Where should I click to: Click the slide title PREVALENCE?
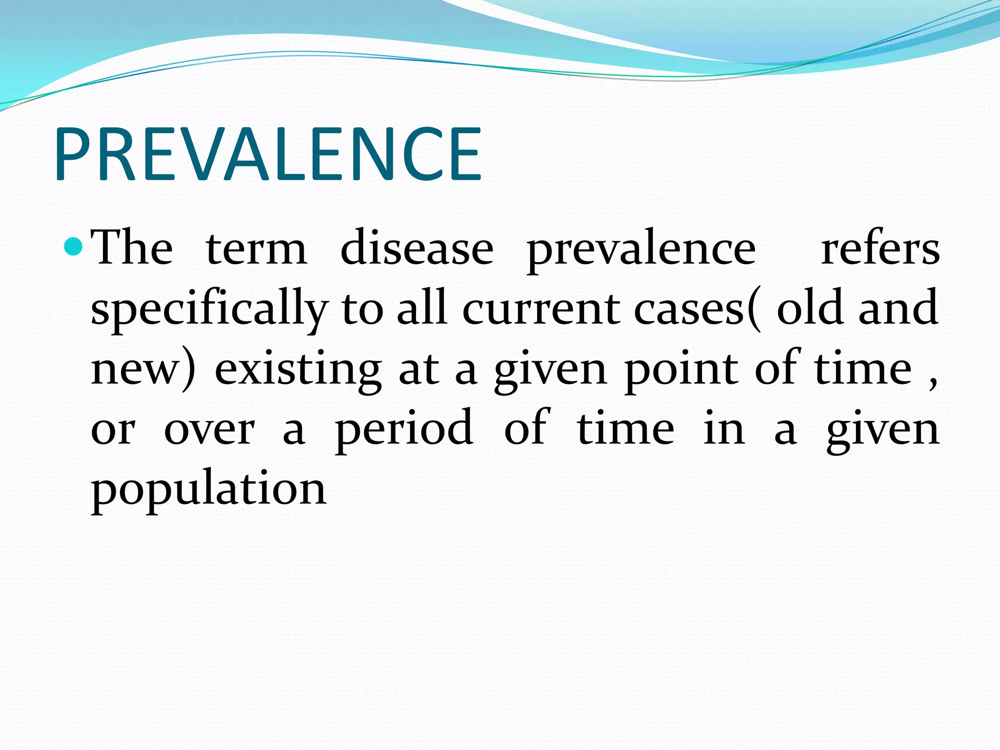point(269,154)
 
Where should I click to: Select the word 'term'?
point(256,249)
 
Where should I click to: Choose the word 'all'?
point(422,308)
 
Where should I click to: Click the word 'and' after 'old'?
point(898,308)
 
